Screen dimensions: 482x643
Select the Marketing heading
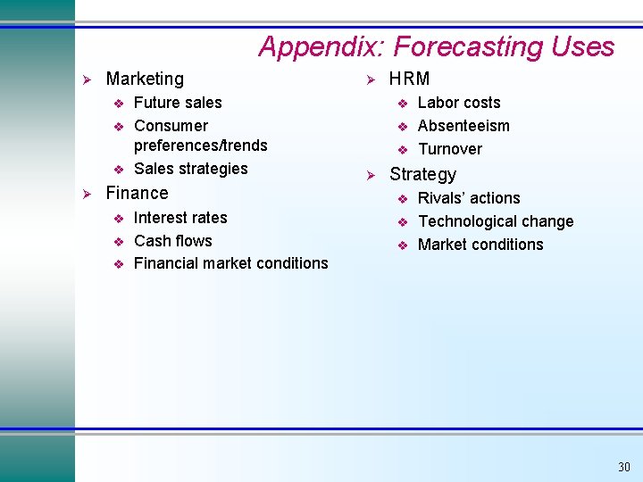(145, 79)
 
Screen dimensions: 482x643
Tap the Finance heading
(137, 193)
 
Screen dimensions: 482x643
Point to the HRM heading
(409, 79)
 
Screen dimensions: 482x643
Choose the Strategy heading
(422, 175)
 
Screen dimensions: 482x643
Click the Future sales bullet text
(178, 103)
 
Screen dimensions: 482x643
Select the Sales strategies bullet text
(191, 169)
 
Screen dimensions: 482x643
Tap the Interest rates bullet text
(180, 218)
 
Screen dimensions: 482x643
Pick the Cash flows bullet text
(173, 241)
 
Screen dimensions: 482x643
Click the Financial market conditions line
(230, 263)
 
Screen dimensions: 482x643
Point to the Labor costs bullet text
(459, 103)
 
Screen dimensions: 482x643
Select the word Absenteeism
(463, 126)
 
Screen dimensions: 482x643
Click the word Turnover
(450, 149)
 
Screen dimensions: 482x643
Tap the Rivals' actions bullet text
(469, 198)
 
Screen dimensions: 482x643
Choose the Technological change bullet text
(496, 221)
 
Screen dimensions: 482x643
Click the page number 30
(623, 467)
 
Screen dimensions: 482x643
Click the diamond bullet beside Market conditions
(403, 245)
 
